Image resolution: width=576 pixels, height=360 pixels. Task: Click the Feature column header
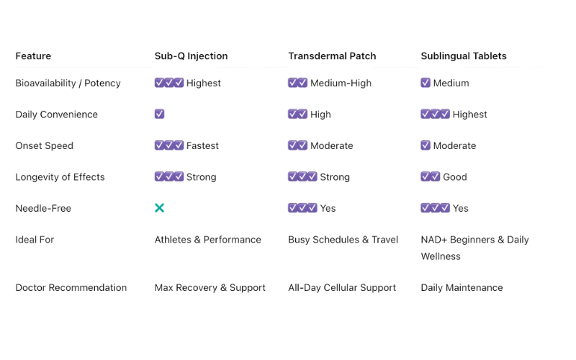[x=32, y=55]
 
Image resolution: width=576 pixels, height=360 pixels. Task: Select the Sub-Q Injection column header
[x=191, y=55]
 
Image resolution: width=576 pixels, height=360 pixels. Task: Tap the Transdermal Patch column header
[x=333, y=55]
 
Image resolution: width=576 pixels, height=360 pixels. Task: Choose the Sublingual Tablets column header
[x=464, y=55]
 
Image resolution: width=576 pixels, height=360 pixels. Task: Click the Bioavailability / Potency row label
[x=67, y=83]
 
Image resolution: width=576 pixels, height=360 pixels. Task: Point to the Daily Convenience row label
[x=55, y=114]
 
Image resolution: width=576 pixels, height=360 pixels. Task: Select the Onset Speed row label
[x=45, y=145]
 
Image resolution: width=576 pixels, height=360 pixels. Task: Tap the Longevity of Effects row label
[x=61, y=177]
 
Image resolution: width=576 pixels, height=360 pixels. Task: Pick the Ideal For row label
[x=35, y=240]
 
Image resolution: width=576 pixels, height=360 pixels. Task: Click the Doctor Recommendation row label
[x=70, y=288]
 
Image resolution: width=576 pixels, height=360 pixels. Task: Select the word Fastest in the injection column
[x=202, y=145]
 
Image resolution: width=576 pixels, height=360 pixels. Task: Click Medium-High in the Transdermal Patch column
[x=342, y=83]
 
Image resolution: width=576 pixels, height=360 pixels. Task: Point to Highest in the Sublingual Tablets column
[x=470, y=114]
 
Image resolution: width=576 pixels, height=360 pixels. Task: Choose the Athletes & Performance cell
[x=209, y=240]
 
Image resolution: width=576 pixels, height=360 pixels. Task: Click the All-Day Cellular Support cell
[x=342, y=288]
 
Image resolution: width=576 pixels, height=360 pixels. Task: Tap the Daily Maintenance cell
[x=463, y=288]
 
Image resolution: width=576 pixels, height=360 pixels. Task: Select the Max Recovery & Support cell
[x=211, y=288]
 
